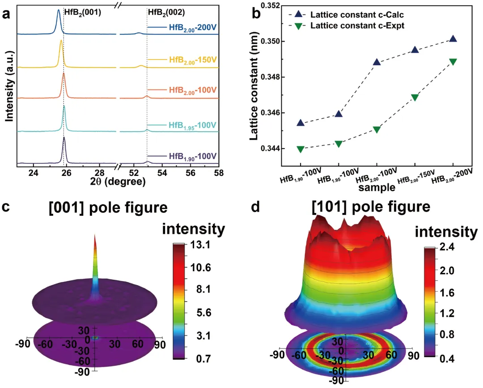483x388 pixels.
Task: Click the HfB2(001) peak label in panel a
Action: [83, 13]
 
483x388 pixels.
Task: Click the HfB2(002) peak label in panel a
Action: [166, 13]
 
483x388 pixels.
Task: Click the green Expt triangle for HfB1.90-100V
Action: [301, 149]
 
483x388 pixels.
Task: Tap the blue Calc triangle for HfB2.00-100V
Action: [377, 62]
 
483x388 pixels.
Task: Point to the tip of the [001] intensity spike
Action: [95, 235]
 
